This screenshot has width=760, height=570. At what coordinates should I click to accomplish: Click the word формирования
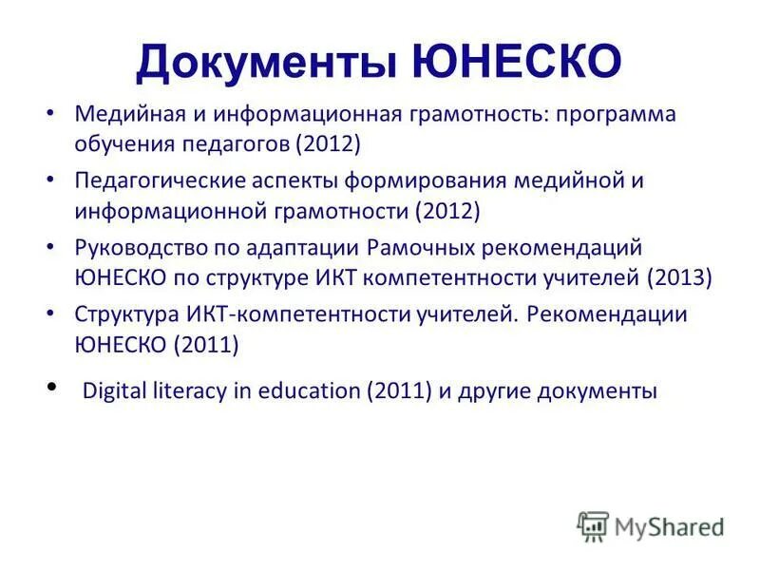tap(428, 180)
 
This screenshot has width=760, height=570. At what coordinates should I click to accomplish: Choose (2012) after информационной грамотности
tap(446, 211)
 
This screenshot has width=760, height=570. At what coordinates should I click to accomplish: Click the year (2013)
tap(677, 278)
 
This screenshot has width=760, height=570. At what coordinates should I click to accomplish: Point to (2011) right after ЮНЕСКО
tap(205, 345)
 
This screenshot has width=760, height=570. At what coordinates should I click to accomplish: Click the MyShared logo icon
tap(593, 525)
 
